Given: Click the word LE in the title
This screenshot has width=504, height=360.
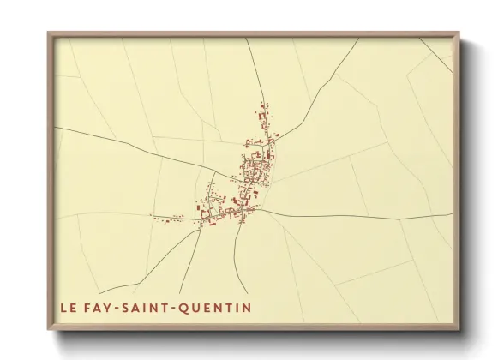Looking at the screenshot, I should click(68, 307).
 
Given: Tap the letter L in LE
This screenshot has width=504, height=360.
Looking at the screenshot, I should click(63, 307).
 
